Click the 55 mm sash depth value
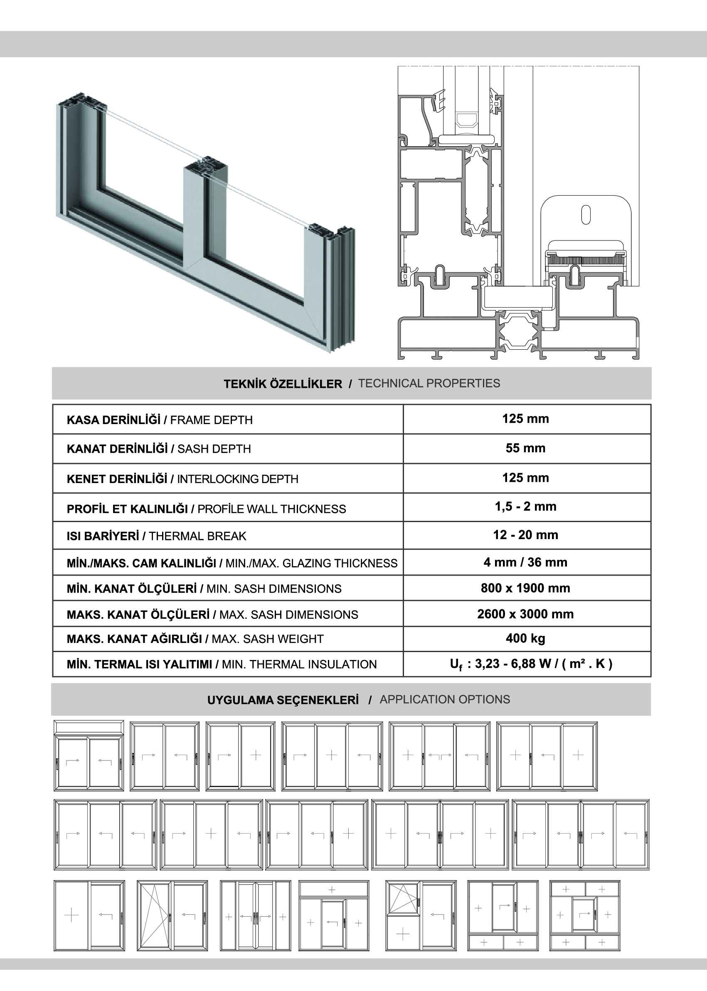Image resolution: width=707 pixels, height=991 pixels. click(525, 448)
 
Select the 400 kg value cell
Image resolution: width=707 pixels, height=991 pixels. click(525, 638)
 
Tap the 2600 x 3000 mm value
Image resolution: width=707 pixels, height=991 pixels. click(525, 614)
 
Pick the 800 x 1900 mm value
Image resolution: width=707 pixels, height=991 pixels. click(525, 588)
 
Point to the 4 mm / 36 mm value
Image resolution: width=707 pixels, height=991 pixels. click(525, 562)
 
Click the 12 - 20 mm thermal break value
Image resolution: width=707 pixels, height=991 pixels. click(525, 535)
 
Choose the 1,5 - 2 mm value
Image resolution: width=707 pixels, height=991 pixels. click(525, 506)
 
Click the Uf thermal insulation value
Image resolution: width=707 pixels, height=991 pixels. click(531, 664)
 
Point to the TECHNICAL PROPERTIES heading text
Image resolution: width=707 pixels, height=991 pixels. click(429, 383)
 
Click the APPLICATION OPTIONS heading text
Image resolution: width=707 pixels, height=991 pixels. click(444, 699)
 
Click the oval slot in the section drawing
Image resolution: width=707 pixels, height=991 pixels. click(586, 215)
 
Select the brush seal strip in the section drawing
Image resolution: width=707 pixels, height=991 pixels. click(586, 260)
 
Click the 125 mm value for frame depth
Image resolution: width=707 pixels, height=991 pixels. click(525, 419)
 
